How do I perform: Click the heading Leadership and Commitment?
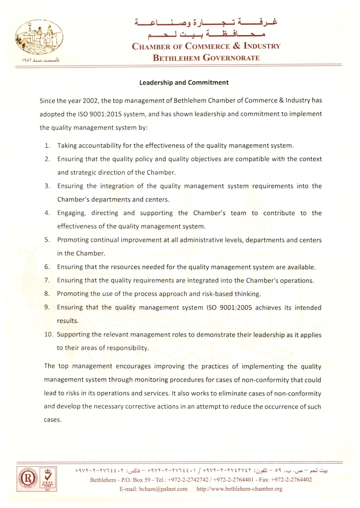pos(184,82)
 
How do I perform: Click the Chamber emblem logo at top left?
pos(39,38)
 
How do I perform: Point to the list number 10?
pos(48,335)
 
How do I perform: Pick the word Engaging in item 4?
pos(71,213)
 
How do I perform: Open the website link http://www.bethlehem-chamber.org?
pos(240,489)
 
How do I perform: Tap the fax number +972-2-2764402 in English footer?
pos(291,480)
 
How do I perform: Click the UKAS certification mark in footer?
pos(48,479)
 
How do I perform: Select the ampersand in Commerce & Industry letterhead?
pos(237,46)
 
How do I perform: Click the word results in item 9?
pos(67,321)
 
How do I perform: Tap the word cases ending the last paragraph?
pos(52,420)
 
